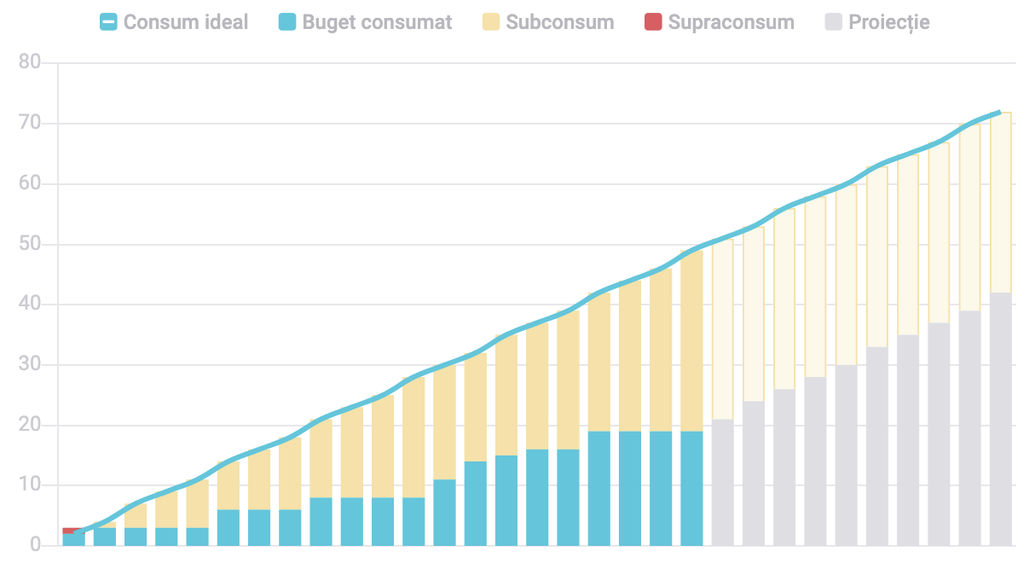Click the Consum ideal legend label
185,22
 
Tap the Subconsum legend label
559,22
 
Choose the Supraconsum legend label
731,22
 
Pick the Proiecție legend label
888,22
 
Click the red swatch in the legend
653,22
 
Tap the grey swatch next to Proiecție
834,22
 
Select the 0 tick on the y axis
35,545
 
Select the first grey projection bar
722,482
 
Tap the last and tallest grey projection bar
1000,419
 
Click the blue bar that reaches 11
444,512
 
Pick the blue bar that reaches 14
475,503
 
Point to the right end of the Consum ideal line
998,112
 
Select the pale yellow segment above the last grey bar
1000,202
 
